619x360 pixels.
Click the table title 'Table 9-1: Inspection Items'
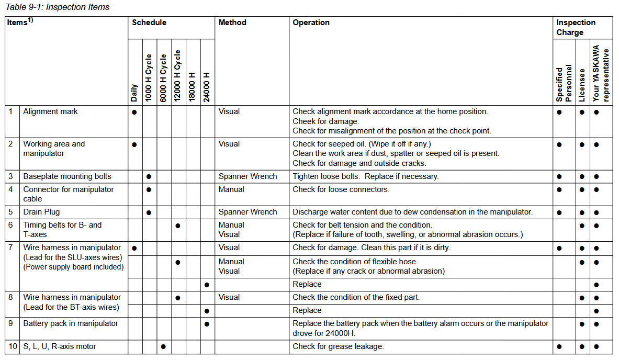58,7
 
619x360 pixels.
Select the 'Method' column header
232,22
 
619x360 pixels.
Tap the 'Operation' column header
311,22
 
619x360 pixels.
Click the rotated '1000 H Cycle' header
149,77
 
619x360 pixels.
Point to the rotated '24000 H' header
207,87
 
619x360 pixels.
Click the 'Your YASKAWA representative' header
601,73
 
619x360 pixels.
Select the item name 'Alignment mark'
50,111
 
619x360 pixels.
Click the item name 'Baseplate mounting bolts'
67,176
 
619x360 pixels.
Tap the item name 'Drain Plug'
41,212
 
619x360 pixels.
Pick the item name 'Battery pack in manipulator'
71,323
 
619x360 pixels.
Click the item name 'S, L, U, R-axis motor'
60,346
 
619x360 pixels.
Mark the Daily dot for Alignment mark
134,112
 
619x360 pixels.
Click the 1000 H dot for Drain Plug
149,212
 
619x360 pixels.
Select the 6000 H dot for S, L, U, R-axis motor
163,346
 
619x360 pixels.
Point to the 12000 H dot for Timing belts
178,226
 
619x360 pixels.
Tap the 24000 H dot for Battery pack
207,324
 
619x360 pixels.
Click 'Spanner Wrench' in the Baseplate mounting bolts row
247,176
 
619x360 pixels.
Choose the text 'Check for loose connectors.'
341,189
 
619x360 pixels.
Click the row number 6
10,225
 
